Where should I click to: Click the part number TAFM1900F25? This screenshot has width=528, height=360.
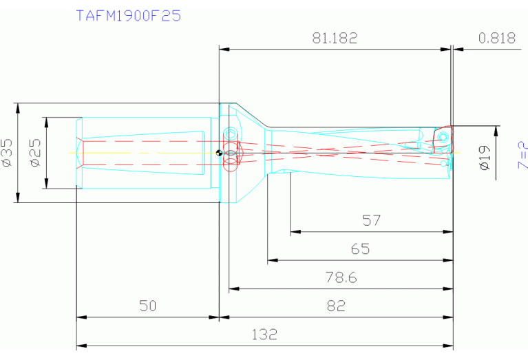(x=128, y=15)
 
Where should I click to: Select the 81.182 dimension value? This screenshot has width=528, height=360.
(x=335, y=39)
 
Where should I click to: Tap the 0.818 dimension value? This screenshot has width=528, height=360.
(x=496, y=39)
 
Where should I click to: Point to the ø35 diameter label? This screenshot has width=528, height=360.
(x=7, y=153)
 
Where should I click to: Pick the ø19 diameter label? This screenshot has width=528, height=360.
(x=484, y=159)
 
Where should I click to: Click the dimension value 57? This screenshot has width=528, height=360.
(x=372, y=220)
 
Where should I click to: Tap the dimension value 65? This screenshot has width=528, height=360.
(x=360, y=249)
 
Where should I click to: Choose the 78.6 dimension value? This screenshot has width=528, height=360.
(x=341, y=277)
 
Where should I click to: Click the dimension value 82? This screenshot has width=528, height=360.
(x=335, y=306)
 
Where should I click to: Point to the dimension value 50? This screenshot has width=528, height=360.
(x=147, y=306)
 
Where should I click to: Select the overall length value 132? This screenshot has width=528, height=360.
(x=264, y=335)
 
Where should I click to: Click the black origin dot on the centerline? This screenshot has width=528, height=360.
(x=218, y=153)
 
